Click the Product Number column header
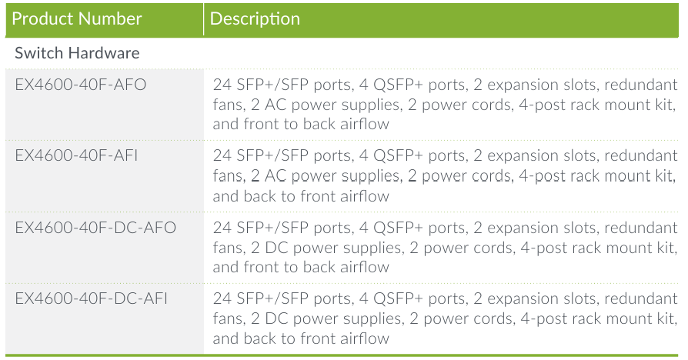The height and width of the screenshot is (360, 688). pos(77,18)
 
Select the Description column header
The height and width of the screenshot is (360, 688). pos(255,18)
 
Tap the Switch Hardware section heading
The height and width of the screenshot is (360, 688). pos(77,54)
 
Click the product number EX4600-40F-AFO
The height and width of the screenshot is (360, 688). pos(80,85)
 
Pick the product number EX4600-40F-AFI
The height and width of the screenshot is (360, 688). pos(77,156)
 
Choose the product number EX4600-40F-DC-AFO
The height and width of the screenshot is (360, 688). pos(95,228)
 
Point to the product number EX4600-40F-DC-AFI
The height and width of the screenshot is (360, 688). pos(92,298)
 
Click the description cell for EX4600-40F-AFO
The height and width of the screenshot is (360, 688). pos(445,104)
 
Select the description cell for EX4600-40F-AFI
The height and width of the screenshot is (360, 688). pos(445,175)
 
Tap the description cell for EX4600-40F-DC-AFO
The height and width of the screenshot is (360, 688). pos(445,247)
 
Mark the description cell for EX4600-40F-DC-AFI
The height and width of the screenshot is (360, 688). pos(445,318)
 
